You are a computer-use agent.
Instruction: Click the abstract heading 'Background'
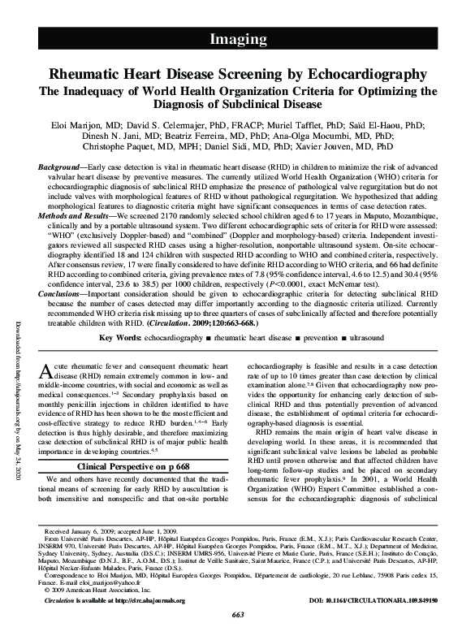63,166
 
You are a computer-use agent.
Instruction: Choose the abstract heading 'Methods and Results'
76,210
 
